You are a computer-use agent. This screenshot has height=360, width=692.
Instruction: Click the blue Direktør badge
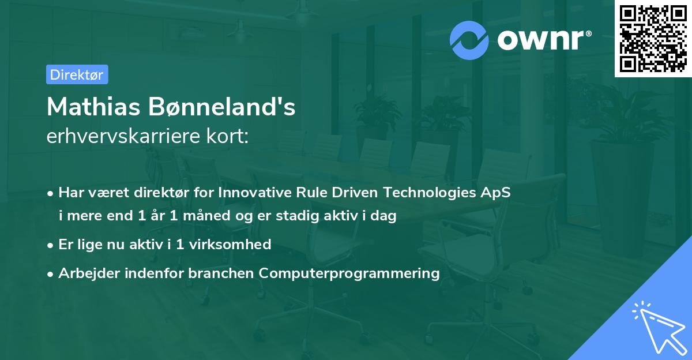(x=77, y=74)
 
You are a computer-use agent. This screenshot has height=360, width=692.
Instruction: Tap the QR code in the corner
(x=653, y=39)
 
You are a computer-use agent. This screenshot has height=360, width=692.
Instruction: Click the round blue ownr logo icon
(x=469, y=40)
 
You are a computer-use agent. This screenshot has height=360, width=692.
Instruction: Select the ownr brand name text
(x=544, y=40)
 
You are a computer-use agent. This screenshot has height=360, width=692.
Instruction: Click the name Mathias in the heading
(x=93, y=107)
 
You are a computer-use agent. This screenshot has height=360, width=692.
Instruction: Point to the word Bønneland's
(x=222, y=107)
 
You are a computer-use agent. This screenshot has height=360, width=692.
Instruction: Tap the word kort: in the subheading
(x=227, y=136)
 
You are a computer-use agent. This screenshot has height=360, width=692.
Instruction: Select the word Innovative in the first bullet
(x=255, y=192)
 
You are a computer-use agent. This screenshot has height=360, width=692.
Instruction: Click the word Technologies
(x=430, y=193)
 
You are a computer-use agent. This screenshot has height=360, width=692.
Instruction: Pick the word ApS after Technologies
(x=495, y=193)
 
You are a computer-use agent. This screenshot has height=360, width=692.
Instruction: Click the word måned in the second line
(x=206, y=215)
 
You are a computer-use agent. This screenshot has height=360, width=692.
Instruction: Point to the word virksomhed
(x=230, y=244)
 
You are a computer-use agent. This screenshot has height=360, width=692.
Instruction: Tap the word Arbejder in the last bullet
(x=89, y=273)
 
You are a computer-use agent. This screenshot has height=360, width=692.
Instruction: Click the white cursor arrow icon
(x=659, y=328)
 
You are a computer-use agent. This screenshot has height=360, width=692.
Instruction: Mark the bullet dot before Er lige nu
(x=50, y=246)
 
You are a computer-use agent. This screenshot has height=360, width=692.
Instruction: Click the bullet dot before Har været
(x=50, y=194)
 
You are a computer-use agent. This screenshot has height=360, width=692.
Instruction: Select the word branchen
(x=221, y=273)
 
